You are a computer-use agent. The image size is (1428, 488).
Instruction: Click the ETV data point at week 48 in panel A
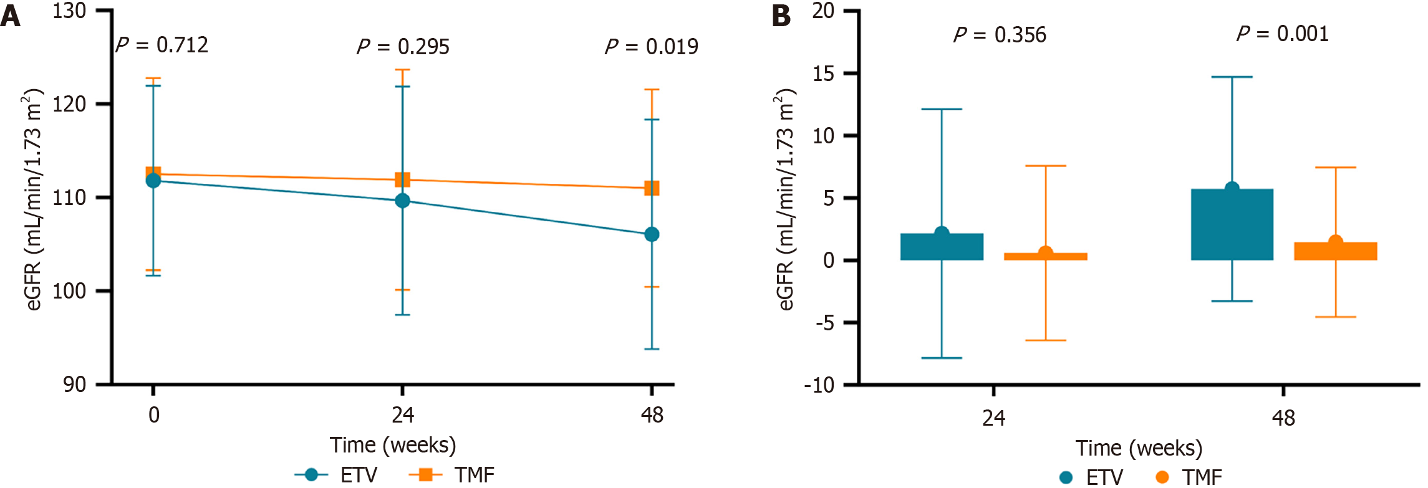click(x=652, y=234)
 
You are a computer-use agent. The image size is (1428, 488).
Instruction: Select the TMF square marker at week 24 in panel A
click(x=402, y=180)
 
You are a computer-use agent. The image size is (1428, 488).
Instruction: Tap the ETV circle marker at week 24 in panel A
click(x=402, y=201)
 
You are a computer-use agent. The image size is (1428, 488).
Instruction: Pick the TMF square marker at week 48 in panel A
click(x=652, y=188)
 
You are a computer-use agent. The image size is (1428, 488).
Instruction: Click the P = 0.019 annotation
click(x=652, y=47)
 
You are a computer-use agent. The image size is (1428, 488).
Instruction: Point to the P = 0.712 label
click(x=162, y=45)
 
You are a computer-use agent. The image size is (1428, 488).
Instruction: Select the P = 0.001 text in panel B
click(x=1283, y=34)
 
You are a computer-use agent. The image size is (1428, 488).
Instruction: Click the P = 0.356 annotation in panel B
click(x=1000, y=35)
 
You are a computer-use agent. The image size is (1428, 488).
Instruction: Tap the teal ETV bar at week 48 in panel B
click(x=1232, y=224)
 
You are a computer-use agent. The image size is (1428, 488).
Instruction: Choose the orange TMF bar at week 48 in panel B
click(x=1335, y=251)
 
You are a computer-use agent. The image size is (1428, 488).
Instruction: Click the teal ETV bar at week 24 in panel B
click(x=942, y=247)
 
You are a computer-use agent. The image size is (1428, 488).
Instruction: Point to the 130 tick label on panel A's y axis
click(x=69, y=11)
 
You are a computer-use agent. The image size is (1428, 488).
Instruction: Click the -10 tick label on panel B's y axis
click(x=819, y=385)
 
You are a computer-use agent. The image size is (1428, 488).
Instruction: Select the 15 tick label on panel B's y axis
click(x=823, y=74)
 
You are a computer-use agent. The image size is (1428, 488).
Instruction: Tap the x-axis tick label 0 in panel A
click(x=153, y=415)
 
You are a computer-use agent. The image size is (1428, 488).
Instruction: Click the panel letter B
click(x=782, y=16)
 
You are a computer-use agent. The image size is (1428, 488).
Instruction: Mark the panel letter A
click(x=11, y=16)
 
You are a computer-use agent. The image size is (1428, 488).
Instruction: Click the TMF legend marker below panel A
click(x=425, y=475)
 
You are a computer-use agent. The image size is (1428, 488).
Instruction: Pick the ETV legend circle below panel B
click(x=1066, y=477)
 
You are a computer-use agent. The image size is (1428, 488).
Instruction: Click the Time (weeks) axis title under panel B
click(x=1139, y=448)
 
